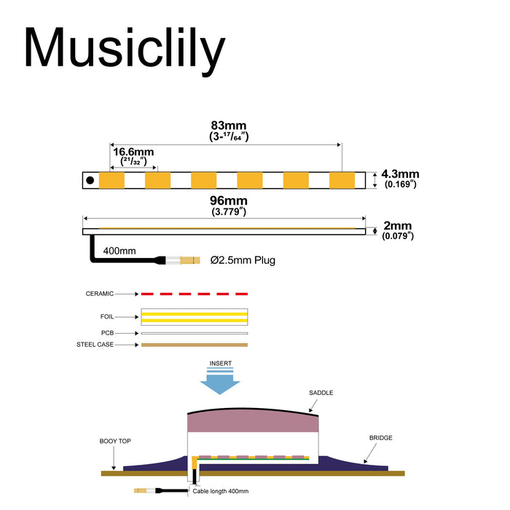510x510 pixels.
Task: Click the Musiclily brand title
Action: click(124, 50)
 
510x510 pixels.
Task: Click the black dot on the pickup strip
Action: click(90, 180)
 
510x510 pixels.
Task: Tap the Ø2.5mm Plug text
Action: click(243, 259)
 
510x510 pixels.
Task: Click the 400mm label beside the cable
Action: click(120, 251)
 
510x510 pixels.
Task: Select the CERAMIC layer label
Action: click(100, 294)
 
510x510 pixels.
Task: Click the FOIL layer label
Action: click(106, 317)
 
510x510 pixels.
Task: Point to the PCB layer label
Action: click(107, 333)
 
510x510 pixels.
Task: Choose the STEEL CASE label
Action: click(95, 345)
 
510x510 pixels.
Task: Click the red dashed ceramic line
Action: click(195, 294)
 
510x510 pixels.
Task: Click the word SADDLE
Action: click(321, 393)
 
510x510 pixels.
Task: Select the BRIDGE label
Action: click(380, 438)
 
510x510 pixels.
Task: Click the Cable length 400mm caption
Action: click(220, 491)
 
